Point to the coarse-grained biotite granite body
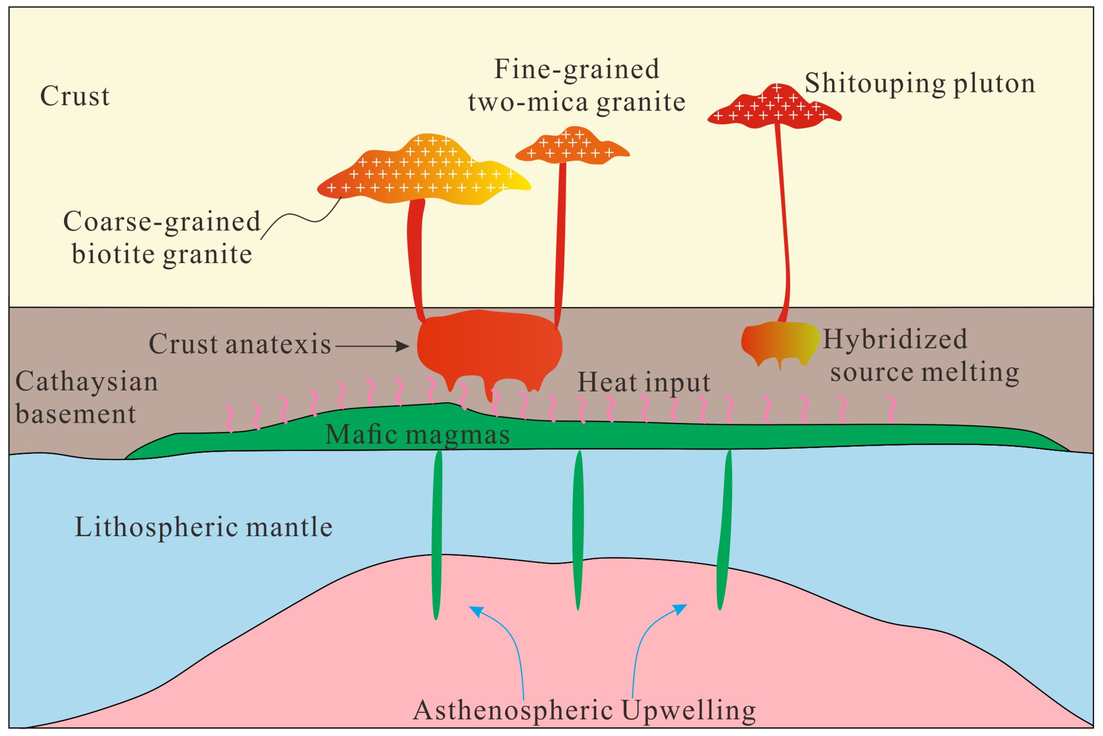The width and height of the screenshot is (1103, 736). (x=422, y=174)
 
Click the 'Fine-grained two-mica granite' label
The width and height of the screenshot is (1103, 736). (x=577, y=85)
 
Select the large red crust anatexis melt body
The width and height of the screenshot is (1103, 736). (x=488, y=347)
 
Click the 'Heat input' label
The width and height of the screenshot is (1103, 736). (x=643, y=382)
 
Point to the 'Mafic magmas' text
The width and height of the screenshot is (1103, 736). (x=417, y=435)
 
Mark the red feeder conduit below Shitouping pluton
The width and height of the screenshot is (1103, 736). (x=783, y=221)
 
